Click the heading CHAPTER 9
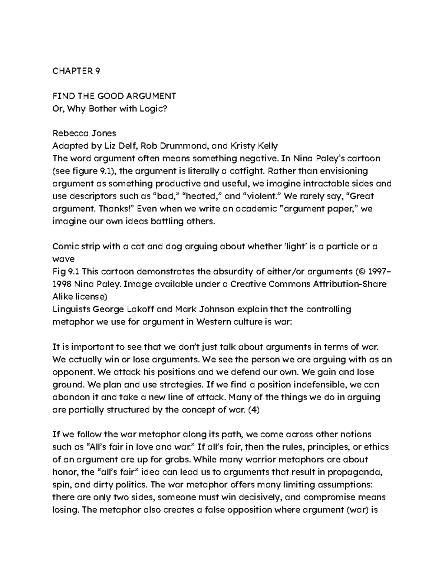point(76,71)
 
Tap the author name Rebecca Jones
point(85,134)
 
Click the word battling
point(168,221)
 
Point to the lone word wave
point(63,259)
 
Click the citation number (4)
point(253,410)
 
